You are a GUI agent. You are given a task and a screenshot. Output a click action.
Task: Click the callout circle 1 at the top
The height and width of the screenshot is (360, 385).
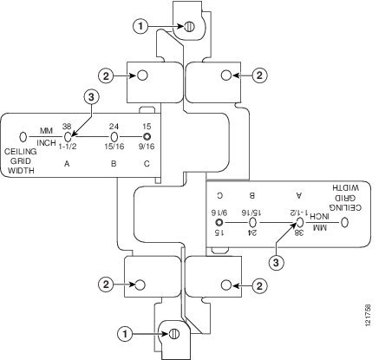(140, 27)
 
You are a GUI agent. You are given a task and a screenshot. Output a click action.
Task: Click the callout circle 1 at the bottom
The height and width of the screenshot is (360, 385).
(125, 334)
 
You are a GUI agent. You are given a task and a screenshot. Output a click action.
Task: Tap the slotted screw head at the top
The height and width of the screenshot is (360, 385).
(189, 27)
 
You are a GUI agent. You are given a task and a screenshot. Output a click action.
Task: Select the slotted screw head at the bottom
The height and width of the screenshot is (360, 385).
(174, 334)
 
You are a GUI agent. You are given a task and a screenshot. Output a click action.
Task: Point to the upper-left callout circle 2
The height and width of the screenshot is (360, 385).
(106, 76)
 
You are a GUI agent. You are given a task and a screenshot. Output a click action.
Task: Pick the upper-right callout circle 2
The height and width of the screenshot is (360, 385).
(259, 75)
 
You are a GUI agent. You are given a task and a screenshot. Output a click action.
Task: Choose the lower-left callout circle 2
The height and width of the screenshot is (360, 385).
(106, 285)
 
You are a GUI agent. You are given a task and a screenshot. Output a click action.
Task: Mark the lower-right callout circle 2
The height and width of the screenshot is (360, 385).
(259, 285)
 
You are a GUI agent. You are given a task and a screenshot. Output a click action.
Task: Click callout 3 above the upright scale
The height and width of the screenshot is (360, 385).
(91, 97)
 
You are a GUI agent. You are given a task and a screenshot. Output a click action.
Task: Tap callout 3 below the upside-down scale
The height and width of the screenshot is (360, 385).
(276, 263)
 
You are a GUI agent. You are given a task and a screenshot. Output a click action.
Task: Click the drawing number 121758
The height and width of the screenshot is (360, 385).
(368, 315)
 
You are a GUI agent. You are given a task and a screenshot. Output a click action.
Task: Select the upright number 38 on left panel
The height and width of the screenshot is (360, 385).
(67, 127)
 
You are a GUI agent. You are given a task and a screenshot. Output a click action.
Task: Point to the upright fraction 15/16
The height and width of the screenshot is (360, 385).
(114, 147)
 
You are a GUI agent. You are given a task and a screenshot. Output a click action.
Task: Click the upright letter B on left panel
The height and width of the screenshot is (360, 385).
(114, 164)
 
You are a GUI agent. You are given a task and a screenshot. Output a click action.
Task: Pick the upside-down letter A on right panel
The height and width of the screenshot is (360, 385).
(299, 195)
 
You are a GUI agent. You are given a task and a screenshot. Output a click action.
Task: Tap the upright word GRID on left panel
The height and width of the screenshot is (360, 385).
(21, 161)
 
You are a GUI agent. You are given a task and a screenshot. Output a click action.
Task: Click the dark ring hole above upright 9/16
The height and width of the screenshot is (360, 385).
(147, 136)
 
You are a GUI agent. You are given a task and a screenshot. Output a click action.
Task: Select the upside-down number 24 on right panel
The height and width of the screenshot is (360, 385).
(252, 232)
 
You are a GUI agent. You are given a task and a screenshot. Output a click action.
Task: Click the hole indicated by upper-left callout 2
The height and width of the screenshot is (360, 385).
(142, 75)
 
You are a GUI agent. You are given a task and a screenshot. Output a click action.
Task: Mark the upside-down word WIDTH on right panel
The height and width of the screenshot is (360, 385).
(345, 188)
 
